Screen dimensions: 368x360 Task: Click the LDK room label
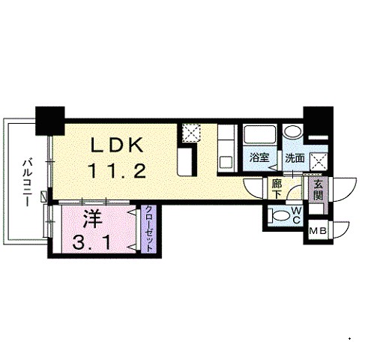click(118, 145)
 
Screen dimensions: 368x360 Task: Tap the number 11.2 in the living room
click(117, 170)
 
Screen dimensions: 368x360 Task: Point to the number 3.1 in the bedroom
click(91, 242)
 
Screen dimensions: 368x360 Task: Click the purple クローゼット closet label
click(148, 229)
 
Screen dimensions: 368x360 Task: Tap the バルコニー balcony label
click(27, 184)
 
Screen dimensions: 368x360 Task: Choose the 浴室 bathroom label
click(259, 157)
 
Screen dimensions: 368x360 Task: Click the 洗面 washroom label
click(295, 158)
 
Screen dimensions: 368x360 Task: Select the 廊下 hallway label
click(277, 189)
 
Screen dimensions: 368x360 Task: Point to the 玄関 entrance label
click(319, 190)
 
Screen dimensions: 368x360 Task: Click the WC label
click(296, 215)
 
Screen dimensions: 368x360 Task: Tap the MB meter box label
click(318, 231)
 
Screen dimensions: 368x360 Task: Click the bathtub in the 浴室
click(259, 135)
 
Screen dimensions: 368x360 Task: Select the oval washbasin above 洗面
click(293, 131)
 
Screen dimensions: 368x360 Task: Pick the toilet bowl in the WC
click(280, 215)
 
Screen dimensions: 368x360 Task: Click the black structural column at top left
click(50, 121)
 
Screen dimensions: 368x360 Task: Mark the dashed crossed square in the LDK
click(191, 132)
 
